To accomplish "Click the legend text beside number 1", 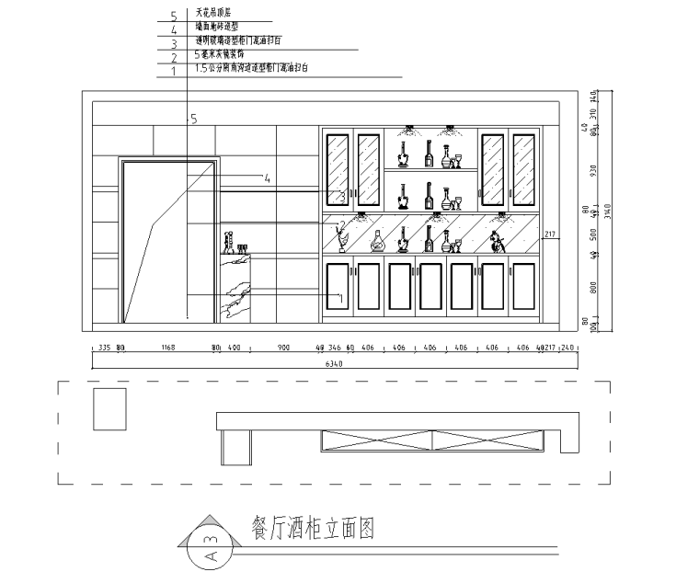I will tap(253, 69).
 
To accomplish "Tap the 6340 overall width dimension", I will tap(337, 365).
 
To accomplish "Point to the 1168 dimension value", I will tap(167, 349).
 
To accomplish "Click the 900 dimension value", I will tap(282, 349).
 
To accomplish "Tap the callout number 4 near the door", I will tap(266, 179).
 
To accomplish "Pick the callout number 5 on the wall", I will tap(193, 119).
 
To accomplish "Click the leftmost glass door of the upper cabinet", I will tap(338, 169).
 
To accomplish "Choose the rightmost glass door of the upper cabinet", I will tap(524, 169).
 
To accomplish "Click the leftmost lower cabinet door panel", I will tap(338, 286).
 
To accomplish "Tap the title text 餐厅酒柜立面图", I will tap(313, 529).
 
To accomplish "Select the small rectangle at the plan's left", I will tap(110, 409).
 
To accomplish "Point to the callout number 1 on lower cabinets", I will tap(340, 298).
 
